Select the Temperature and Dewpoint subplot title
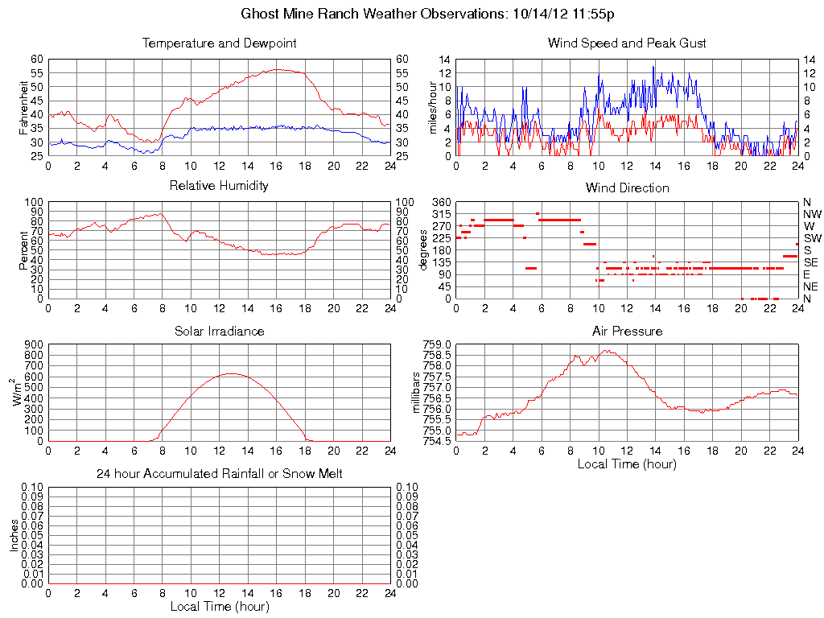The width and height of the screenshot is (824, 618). coord(219,43)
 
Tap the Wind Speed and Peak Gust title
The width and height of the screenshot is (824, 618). coord(627,43)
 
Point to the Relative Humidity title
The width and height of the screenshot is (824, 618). coord(219,187)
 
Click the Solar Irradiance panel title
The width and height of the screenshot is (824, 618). coord(219,331)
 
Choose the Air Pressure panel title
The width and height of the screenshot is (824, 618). coord(627,331)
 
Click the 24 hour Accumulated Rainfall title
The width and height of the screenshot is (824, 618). coord(219,474)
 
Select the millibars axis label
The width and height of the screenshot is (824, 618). coord(417,393)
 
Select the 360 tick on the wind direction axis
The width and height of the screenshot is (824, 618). coord(442,202)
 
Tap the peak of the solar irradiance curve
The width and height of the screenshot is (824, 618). coord(232,373)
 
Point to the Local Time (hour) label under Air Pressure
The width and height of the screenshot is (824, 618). coord(627,463)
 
